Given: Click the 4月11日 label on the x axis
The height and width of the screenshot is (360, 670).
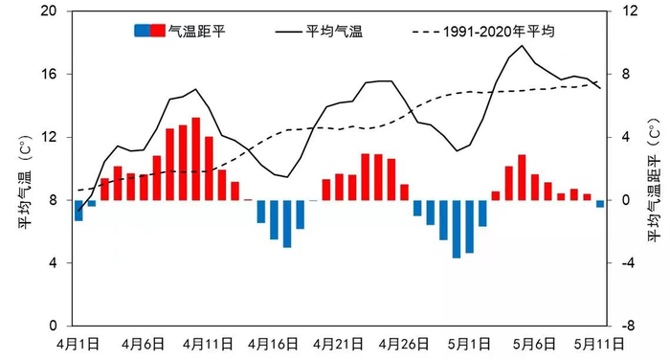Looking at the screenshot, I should pos(209,342).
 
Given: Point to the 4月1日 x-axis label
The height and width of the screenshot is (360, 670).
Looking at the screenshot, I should pos(79,342).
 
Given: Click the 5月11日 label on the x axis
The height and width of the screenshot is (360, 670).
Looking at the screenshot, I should pos(600,342).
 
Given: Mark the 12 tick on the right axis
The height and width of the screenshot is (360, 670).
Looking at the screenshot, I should pos(628,11).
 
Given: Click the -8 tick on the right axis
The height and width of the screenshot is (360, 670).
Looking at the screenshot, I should pos(628,326).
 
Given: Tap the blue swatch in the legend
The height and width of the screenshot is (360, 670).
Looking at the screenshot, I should pos(142,32).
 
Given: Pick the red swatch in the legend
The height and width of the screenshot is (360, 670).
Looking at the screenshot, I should pos(157,32).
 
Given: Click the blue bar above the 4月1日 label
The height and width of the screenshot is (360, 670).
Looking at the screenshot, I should pos(78,210).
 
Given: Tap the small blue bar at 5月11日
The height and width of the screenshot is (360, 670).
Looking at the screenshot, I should pos(600,203).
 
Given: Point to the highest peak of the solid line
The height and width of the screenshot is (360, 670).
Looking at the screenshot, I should pos(522,46).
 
